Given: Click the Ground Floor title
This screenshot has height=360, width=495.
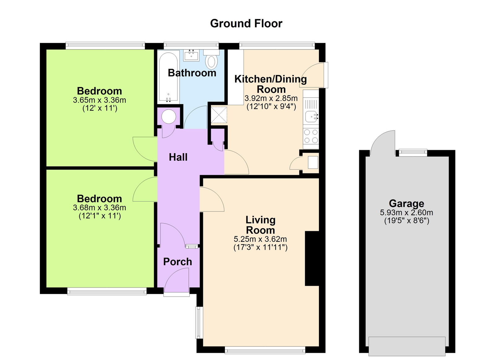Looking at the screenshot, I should (x=246, y=24).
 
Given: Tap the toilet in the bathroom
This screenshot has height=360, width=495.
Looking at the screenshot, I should (x=212, y=61).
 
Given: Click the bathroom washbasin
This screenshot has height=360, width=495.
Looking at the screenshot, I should (x=192, y=55).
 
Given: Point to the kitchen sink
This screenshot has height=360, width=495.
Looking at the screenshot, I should (x=310, y=117).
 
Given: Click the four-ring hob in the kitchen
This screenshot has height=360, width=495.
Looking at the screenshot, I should (x=311, y=136).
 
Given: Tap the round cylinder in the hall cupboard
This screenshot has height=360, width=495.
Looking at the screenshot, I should (x=169, y=117).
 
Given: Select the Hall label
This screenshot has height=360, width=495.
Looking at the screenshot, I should (x=178, y=157).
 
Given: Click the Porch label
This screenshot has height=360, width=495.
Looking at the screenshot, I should (x=178, y=262).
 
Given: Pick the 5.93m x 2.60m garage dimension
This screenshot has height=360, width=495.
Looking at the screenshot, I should (x=406, y=213).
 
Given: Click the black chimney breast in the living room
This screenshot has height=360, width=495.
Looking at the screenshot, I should (x=312, y=258).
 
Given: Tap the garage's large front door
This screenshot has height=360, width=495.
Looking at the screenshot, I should (x=407, y=346).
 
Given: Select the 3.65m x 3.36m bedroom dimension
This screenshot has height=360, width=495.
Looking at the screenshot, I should (x=99, y=100).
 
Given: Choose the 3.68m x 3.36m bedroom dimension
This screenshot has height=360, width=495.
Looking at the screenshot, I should (x=99, y=208).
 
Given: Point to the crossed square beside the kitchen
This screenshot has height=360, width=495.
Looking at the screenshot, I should (x=219, y=115).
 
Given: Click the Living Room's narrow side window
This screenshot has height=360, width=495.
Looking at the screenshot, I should (x=198, y=322).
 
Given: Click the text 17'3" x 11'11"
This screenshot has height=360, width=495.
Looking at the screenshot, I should (x=260, y=247).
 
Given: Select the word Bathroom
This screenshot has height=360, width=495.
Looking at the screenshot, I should (x=192, y=73).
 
